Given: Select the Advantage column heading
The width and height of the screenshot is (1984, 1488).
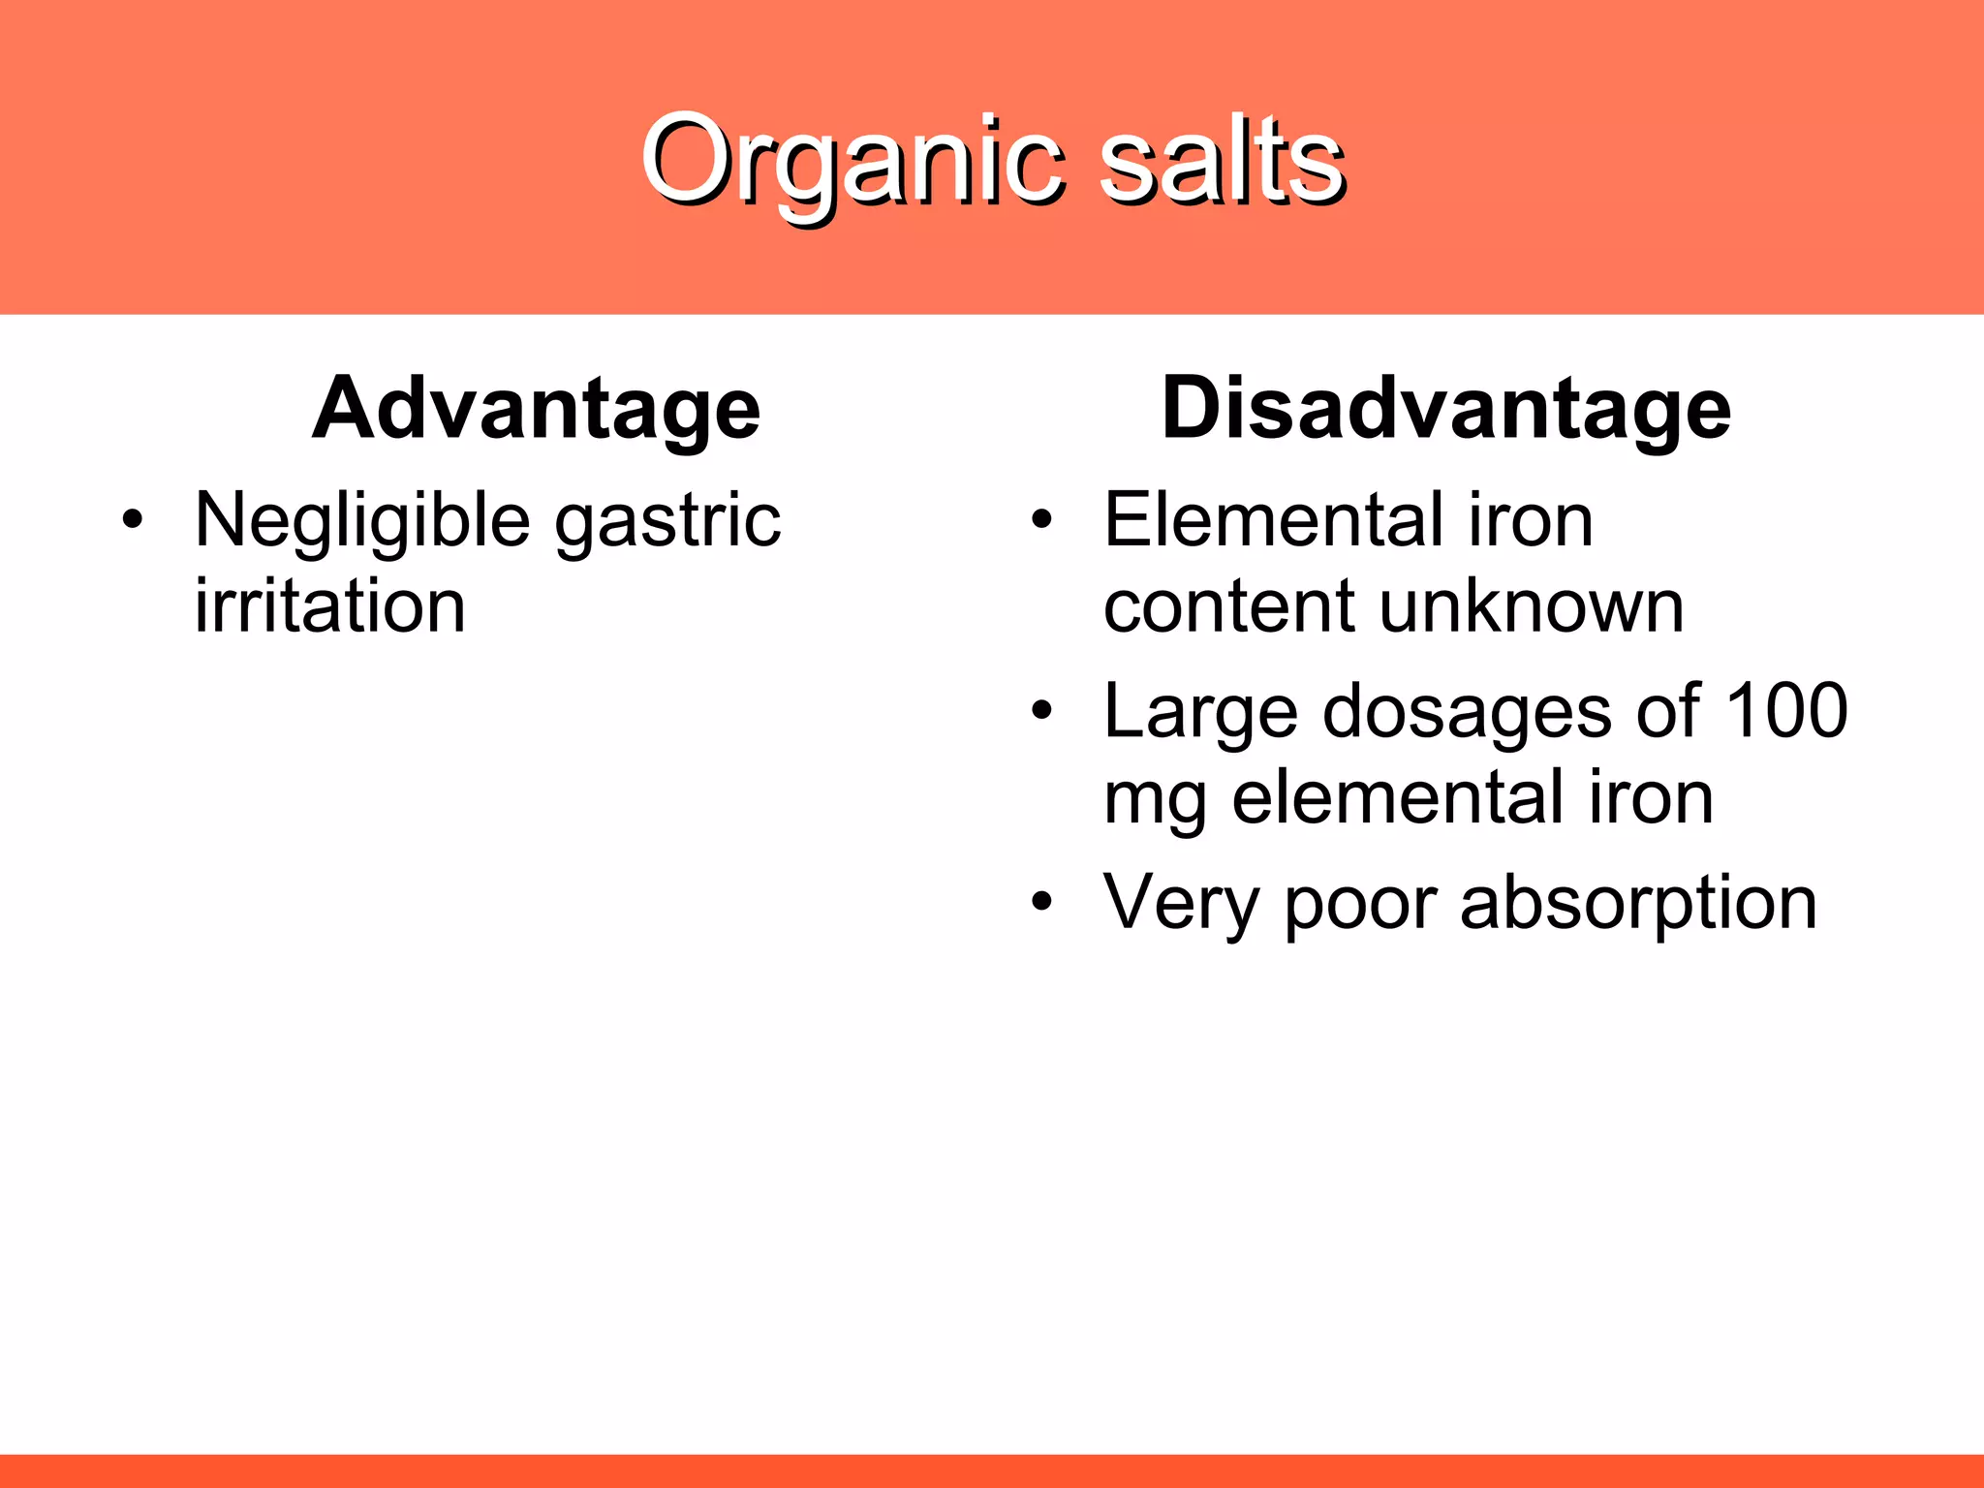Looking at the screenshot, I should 536,409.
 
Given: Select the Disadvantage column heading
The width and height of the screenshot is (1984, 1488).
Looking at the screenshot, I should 1445,409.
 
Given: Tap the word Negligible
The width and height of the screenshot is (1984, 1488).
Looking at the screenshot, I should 362,521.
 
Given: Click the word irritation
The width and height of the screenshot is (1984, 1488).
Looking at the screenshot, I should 330,606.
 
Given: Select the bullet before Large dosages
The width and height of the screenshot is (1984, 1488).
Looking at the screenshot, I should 1041,711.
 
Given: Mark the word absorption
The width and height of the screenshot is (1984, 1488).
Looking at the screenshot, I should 1638,903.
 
